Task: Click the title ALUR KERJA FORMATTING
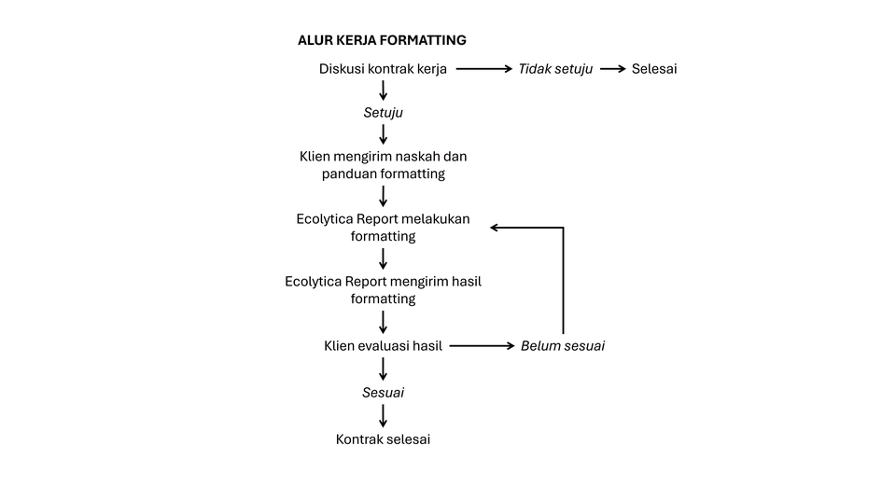click(382, 40)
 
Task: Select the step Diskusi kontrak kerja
click(383, 69)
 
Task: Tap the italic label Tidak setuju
click(555, 69)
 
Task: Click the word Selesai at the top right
click(653, 69)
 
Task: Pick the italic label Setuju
click(383, 113)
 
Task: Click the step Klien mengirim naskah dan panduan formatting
click(383, 164)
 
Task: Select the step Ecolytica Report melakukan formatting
click(383, 227)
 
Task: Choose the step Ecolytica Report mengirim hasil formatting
click(383, 289)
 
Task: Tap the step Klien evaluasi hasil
click(383, 345)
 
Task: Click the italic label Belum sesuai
click(562, 345)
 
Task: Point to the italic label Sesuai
click(383, 393)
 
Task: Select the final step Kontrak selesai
click(383, 438)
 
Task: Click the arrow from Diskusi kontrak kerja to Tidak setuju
click(483, 69)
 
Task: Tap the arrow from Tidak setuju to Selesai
click(612, 69)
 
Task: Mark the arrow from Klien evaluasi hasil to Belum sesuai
click(482, 345)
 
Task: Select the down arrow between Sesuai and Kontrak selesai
click(383, 415)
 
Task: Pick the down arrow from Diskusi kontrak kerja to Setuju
click(383, 90)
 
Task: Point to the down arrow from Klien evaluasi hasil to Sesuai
click(383, 369)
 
